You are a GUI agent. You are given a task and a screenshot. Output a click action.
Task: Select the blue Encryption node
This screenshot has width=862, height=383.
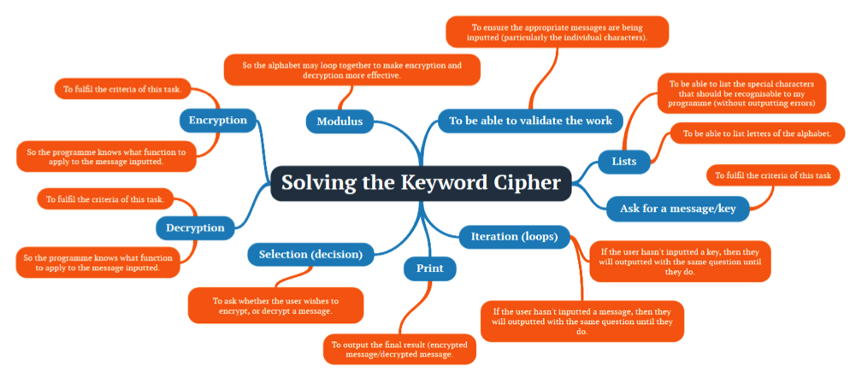coord(218,120)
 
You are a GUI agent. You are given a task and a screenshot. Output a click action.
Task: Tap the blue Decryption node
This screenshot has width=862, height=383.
coord(196,227)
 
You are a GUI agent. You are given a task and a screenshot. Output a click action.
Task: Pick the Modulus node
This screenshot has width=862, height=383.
coord(339,121)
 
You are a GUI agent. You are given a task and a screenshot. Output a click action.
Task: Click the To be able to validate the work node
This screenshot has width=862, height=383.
coord(530,121)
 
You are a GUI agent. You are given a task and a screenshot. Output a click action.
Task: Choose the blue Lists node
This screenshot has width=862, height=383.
coord(623,159)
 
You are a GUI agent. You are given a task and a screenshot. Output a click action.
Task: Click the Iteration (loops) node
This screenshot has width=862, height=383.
coord(508,236)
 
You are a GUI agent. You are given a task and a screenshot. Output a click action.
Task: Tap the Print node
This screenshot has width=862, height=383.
coord(429,268)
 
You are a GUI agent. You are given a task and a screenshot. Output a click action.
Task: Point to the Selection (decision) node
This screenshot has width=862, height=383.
coord(310,254)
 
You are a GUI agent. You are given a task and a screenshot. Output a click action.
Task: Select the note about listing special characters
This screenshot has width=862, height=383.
coord(741,93)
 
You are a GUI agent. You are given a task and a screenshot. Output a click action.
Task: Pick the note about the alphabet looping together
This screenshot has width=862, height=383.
coord(351,70)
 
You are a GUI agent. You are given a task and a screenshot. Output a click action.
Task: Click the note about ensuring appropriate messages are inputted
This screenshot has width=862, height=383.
coord(557,32)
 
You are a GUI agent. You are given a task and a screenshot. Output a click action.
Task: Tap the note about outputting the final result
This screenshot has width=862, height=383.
coord(399,349)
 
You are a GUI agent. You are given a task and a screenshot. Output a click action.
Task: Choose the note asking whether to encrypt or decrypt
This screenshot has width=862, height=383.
coord(275,305)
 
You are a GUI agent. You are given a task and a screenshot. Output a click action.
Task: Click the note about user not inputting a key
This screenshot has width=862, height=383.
coord(681,261)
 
